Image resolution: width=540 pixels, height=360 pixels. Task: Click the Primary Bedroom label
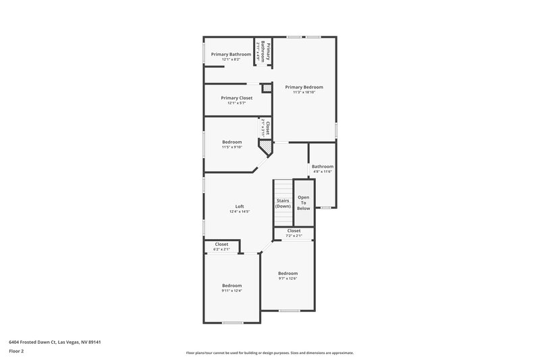point(304,87)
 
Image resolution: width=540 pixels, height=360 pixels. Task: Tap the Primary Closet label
point(236,98)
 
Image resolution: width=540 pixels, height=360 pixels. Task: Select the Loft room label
point(240,207)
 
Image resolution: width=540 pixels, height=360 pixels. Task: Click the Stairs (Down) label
point(283,203)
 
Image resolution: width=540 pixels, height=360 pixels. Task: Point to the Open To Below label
point(304,203)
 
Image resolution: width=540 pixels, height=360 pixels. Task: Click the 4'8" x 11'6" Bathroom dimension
point(322,172)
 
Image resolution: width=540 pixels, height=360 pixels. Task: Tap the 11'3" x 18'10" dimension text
point(304,93)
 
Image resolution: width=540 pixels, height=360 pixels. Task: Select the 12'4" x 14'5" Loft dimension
point(240,212)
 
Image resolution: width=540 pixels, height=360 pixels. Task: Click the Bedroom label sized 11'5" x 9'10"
point(232,142)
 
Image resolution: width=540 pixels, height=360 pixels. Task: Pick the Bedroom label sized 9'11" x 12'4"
point(232,286)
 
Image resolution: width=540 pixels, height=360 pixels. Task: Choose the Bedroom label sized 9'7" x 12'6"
point(288,273)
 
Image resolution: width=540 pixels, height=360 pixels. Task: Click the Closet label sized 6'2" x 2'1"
point(221,244)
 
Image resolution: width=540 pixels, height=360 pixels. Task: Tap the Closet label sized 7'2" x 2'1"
point(294,230)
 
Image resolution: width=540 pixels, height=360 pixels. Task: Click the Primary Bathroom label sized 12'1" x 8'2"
point(231,54)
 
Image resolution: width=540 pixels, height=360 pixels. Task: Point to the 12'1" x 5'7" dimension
point(236,103)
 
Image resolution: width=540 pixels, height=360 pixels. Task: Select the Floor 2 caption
point(17,351)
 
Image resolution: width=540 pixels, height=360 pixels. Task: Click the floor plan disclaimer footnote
point(269,353)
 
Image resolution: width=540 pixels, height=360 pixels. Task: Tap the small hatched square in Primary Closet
point(267,88)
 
